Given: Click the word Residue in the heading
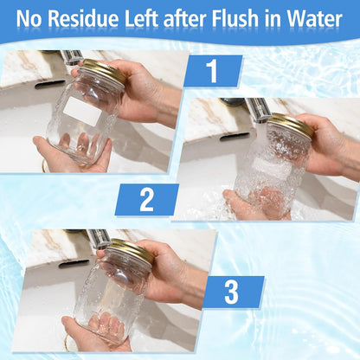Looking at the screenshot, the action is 83,19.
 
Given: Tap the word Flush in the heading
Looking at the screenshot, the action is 235,19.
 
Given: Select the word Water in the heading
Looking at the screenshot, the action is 315,19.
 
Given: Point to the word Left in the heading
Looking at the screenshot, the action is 141,19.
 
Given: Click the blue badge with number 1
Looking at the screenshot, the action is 213,71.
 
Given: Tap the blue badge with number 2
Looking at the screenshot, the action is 147,200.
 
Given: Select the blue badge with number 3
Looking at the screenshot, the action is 232,292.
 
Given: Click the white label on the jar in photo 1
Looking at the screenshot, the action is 82,112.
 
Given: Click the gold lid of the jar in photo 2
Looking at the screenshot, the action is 292,125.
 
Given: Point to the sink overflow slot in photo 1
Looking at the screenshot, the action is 50,84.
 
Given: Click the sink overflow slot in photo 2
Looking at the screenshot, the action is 235,137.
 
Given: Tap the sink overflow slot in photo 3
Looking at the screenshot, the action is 74,263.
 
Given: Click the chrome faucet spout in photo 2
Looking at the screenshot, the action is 258,110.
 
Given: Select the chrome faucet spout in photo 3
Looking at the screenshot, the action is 98,239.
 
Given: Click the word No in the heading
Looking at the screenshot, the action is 29,19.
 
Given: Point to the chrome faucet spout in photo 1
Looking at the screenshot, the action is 72,58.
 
